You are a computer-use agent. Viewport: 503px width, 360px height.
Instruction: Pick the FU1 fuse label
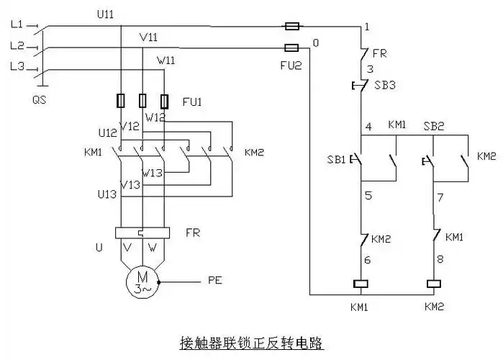(191, 102)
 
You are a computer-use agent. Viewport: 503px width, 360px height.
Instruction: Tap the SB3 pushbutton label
(385, 84)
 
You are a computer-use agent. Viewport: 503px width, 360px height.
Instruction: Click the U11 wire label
(105, 14)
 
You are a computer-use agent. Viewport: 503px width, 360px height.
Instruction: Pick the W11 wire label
(166, 60)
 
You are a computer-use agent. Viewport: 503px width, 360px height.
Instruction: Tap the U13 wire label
(107, 194)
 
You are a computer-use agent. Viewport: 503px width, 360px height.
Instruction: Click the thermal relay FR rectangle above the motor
(142, 233)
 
